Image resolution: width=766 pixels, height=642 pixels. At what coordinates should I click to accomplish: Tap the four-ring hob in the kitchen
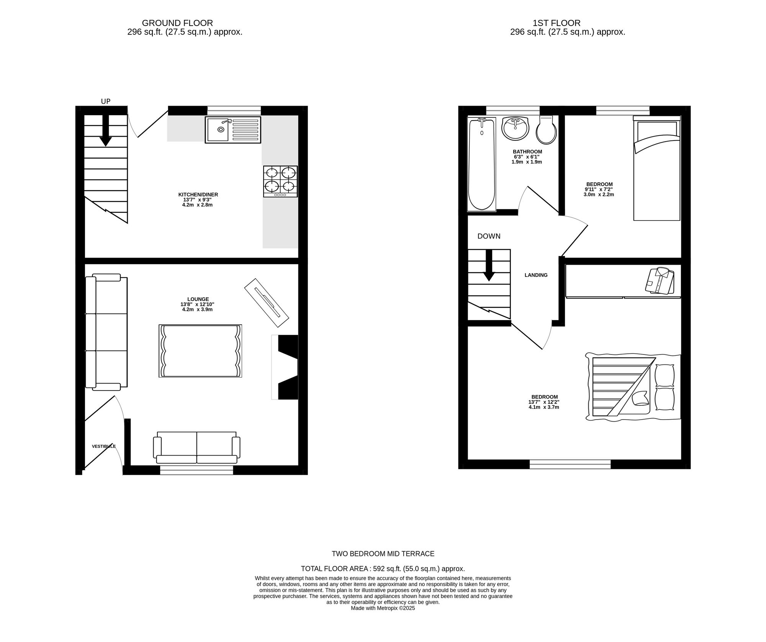[x=280, y=181]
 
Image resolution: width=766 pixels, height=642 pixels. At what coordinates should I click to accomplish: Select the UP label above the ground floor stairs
[x=106, y=101]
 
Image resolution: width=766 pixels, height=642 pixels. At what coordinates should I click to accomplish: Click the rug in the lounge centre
[x=200, y=351]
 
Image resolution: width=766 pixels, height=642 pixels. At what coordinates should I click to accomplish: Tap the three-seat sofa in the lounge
[x=106, y=332]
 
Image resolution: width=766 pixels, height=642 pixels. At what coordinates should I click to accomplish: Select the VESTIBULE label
[x=104, y=446]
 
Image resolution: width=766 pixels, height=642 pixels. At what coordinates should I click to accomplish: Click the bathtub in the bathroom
[x=482, y=164]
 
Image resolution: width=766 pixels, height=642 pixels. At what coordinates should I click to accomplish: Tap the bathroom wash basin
[x=515, y=128]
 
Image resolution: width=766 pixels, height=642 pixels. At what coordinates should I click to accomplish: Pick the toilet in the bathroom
[x=546, y=130]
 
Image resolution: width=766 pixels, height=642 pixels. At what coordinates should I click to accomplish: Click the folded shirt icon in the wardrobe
[x=659, y=281]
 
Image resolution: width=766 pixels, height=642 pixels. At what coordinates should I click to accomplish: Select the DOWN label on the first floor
[x=489, y=236]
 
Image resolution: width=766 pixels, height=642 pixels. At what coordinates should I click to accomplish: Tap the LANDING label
[x=536, y=275]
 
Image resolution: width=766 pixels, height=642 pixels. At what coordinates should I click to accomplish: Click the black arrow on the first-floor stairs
[x=489, y=265]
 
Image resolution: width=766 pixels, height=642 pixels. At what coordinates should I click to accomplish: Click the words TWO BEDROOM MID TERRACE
[x=383, y=554]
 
